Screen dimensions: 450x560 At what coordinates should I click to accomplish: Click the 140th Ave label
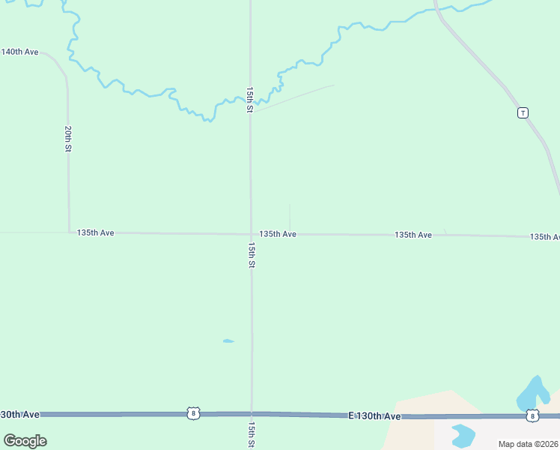(20, 52)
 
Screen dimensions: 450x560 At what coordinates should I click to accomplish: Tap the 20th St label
(67, 139)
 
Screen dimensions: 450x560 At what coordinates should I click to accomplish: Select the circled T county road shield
(523, 112)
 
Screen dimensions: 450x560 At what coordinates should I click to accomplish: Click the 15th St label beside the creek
(250, 99)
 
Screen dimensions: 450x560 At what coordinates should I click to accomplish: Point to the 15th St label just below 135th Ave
(252, 255)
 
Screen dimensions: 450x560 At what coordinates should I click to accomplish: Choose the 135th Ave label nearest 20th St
(95, 232)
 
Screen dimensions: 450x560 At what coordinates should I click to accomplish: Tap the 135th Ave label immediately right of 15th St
(278, 234)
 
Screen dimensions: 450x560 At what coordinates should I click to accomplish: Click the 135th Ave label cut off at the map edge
(544, 236)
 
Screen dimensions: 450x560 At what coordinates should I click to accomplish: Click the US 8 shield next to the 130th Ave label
(194, 413)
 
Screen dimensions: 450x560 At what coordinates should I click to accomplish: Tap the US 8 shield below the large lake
(532, 415)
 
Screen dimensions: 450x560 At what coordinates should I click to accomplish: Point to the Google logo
(25, 440)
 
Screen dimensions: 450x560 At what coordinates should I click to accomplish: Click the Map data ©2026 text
(529, 444)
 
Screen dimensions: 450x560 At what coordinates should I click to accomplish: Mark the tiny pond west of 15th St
(228, 341)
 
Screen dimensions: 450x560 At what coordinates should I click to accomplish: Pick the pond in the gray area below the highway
(463, 434)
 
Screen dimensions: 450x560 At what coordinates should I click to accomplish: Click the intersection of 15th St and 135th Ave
(251, 233)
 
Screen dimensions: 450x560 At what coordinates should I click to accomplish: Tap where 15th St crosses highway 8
(252, 413)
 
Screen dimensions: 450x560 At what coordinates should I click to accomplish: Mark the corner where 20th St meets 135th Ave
(70, 232)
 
